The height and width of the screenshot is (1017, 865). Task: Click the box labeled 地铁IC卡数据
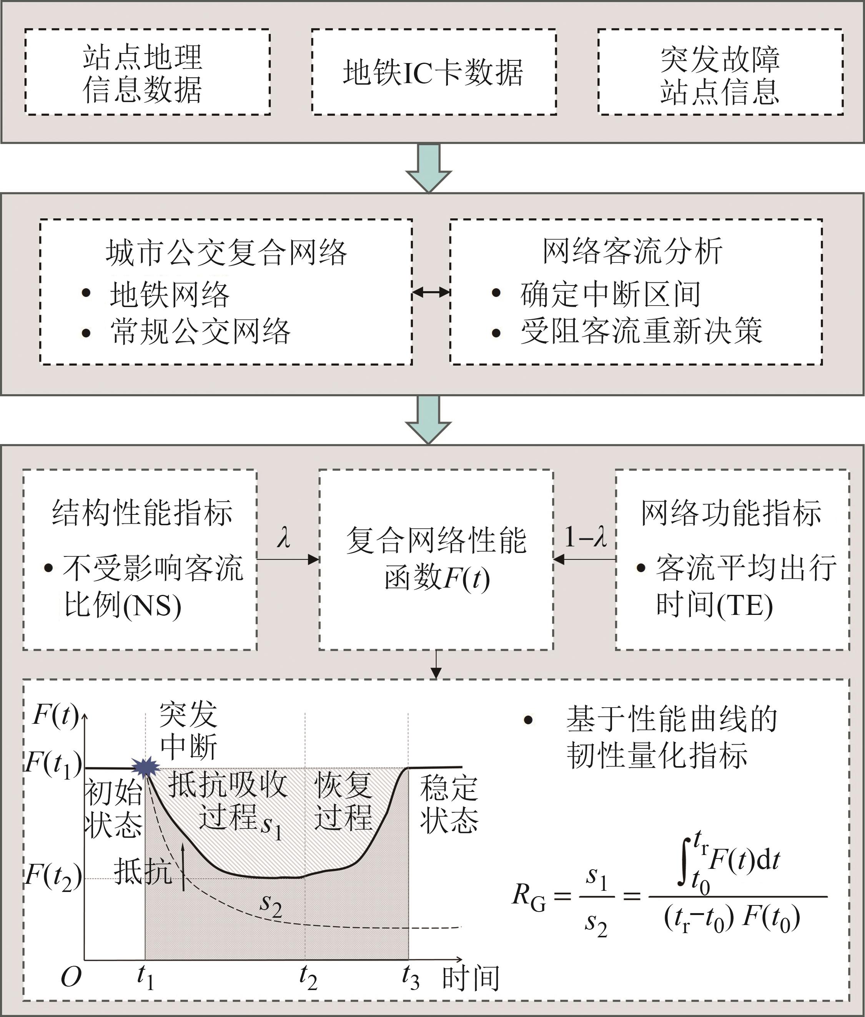click(x=434, y=72)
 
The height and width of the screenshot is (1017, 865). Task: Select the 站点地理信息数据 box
click(x=147, y=72)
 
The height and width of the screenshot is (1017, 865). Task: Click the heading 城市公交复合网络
click(x=226, y=252)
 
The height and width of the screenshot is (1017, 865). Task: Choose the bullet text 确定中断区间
click(x=610, y=294)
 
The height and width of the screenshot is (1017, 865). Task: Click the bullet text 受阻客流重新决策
click(x=641, y=331)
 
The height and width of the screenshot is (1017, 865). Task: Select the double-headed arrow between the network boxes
click(x=431, y=292)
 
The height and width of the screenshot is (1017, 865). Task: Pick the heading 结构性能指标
click(x=142, y=513)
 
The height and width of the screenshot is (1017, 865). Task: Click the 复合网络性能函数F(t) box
click(x=436, y=559)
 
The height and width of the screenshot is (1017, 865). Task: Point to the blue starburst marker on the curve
click(x=145, y=767)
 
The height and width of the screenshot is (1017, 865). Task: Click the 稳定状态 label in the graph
click(x=449, y=804)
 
